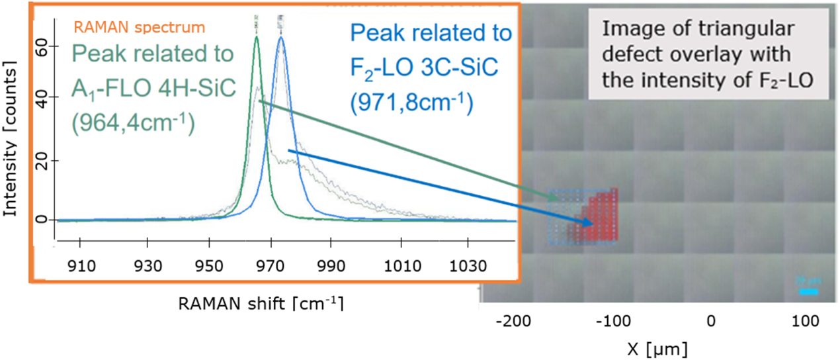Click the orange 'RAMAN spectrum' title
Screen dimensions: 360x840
pyautogui.click(x=139, y=28)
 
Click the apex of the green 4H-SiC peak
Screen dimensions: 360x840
pyautogui.click(x=257, y=37)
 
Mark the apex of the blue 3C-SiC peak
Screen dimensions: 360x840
pyautogui.click(x=281, y=37)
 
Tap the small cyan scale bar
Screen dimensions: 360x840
pyautogui.click(x=808, y=291)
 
